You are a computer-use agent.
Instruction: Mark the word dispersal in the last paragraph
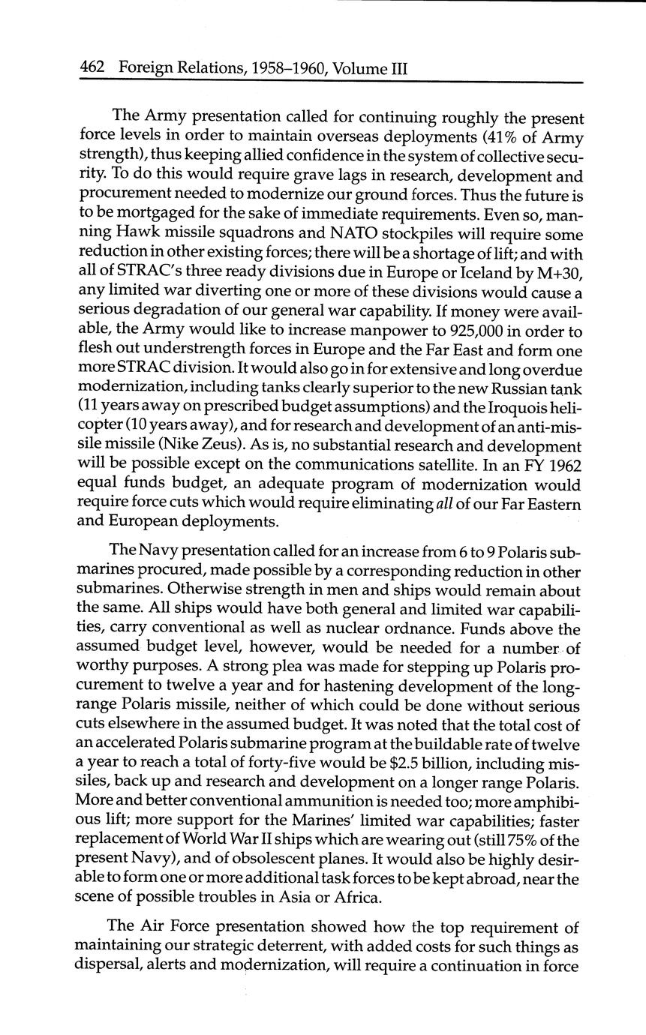point(104,964)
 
